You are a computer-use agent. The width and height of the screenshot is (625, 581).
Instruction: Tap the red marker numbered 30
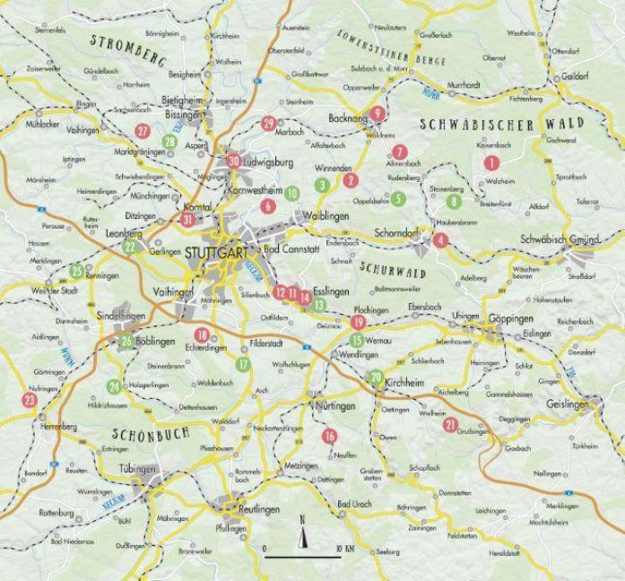point(234,161)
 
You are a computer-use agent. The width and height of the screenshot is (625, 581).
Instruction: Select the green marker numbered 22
point(130,247)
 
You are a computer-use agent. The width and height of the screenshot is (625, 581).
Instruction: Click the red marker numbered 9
point(378,113)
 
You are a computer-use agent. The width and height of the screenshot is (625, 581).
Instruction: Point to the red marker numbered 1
point(490,162)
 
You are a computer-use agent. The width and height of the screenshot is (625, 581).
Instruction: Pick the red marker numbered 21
point(451,424)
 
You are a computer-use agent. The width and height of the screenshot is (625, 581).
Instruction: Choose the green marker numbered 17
point(243,364)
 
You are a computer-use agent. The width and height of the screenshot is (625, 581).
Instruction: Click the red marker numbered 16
point(330,436)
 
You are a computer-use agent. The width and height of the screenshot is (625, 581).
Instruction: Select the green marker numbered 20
point(377,377)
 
